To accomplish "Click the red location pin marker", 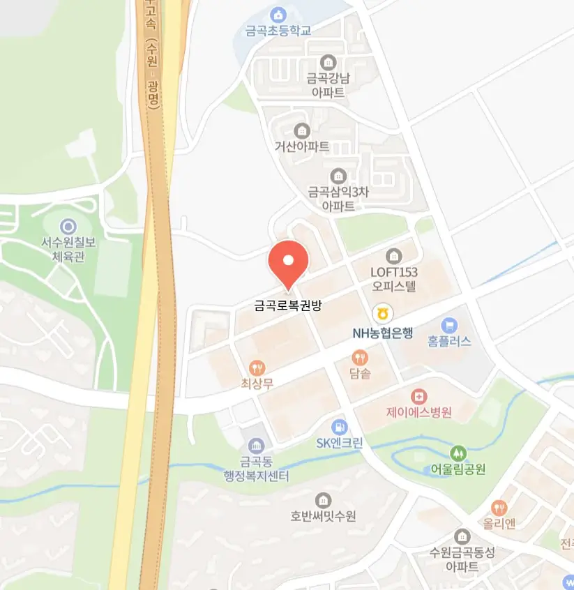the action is click(x=288, y=262).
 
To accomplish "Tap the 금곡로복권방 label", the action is click(x=287, y=305).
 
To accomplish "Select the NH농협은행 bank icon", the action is click(x=382, y=312).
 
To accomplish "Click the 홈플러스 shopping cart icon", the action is click(x=449, y=324).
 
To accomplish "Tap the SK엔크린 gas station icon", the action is click(x=339, y=425).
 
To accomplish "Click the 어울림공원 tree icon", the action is click(x=458, y=453).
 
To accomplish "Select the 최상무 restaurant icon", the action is click(x=257, y=367).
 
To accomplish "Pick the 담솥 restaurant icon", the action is click(x=360, y=358).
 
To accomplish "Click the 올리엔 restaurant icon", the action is click(x=499, y=507).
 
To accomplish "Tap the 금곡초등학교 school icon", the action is click(x=278, y=15).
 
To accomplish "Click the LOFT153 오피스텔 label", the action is click(x=393, y=278).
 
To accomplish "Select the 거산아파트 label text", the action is click(x=302, y=146).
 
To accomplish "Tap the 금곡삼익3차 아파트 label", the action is click(x=338, y=199).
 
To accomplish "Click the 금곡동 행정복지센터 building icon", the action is click(x=256, y=445).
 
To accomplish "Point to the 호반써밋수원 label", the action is click(x=324, y=517).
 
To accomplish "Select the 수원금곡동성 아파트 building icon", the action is click(x=462, y=536).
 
